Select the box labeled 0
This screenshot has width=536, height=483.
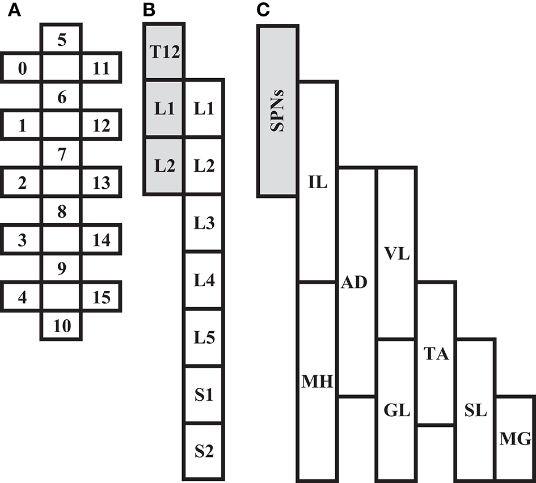click(x=22, y=69)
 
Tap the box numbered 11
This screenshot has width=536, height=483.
click(x=101, y=69)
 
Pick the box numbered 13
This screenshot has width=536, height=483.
click(x=101, y=183)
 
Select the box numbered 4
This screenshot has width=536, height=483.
click(x=22, y=297)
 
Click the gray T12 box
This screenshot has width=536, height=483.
click(x=164, y=53)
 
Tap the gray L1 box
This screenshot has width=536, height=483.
click(x=164, y=109)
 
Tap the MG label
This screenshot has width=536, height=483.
click(x=516, y=439)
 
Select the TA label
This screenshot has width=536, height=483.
click(x=436, y=355)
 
